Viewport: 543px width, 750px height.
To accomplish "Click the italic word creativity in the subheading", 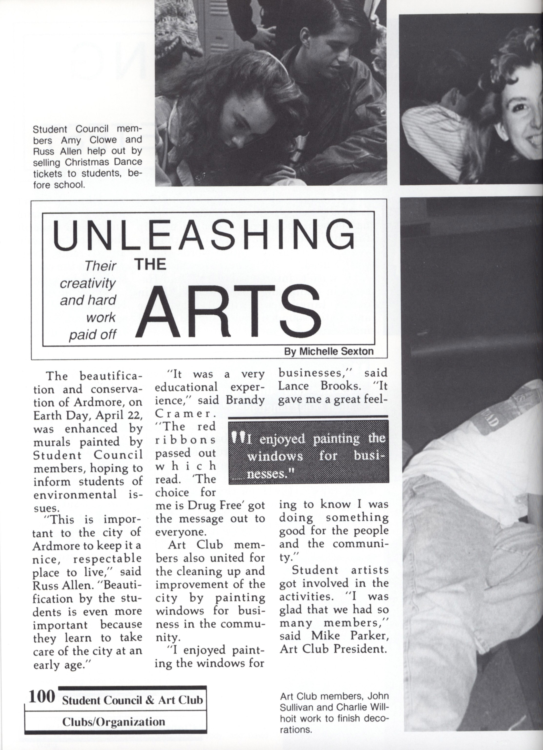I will point(88,283).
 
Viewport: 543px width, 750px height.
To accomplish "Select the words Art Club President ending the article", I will point(333,649).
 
